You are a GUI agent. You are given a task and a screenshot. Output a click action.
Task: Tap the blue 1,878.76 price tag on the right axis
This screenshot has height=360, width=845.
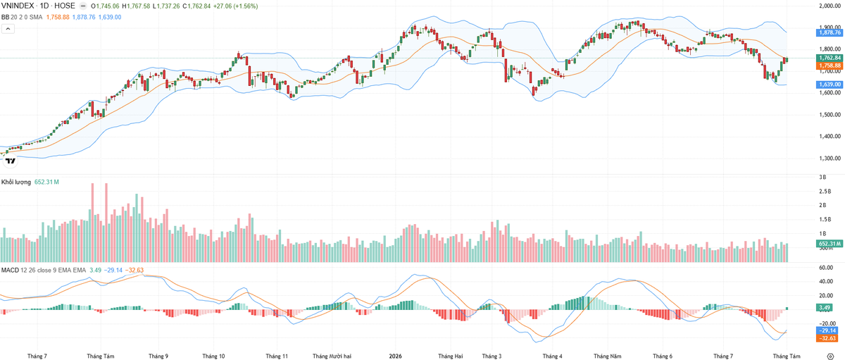[x=830, y=33]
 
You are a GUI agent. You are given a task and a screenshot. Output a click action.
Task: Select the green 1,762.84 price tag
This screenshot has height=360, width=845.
[x=830, y=58]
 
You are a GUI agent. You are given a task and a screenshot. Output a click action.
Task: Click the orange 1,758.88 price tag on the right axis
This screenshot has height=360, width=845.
[x=830, y=66]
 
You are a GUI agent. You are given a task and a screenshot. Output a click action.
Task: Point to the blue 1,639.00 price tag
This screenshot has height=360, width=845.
[x=830, y=85]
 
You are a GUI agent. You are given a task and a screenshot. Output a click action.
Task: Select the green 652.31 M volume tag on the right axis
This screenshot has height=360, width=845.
[x=830, y=244]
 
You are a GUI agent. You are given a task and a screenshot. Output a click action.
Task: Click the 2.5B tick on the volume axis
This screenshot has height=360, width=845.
[x=825, y=192]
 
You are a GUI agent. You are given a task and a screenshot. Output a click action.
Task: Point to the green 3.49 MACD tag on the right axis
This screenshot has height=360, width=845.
[x=825, y=308]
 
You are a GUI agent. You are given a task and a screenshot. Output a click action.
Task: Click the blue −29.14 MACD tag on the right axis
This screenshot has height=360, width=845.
[x=827, y=330]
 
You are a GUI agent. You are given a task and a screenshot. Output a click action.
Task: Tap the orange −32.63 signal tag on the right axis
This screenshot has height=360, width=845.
[x=827, y=338]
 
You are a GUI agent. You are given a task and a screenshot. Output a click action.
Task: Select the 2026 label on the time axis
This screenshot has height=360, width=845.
[x=395, y=356]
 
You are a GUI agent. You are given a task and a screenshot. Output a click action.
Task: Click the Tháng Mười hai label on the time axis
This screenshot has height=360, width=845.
[x=332, y=356]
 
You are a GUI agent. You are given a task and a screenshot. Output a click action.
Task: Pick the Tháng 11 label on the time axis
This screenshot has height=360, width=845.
[x=277, y=356]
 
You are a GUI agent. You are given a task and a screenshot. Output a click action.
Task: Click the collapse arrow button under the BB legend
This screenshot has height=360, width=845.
[x=8, y=29]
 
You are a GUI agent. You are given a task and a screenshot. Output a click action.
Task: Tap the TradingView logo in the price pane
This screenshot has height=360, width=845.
[x=10, y=161]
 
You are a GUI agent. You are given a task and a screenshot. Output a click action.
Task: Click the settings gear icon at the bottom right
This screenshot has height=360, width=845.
[x=830, y=356]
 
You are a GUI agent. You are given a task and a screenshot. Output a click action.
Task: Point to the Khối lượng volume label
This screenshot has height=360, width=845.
[x=15, y=182]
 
